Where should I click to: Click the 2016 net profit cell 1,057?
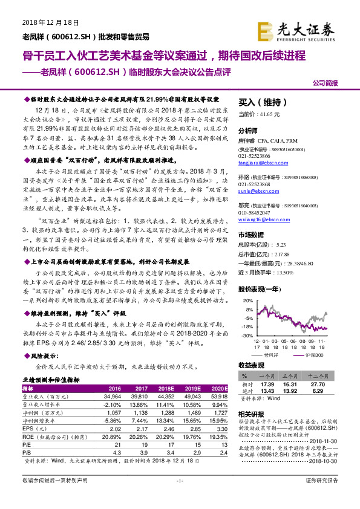tap(114, 412)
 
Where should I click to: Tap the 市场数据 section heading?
tap(251, 234)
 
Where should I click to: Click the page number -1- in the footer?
tap(179, 496)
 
